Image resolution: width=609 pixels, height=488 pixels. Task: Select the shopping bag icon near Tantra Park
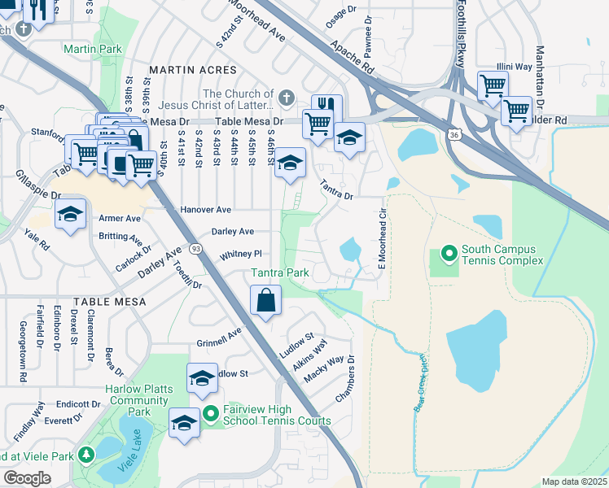(265, 302)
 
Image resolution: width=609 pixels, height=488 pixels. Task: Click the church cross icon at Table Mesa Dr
(285, 98)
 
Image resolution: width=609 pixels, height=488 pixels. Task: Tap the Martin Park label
(93, 50)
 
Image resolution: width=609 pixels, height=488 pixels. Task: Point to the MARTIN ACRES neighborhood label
(192, 71)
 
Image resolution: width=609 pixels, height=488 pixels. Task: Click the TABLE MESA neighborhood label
(109, 302)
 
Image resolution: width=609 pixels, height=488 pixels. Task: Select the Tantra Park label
(279, 273)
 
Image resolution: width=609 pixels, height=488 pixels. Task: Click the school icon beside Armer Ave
(71, 216)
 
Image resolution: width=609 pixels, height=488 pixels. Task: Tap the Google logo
(27, 478)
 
